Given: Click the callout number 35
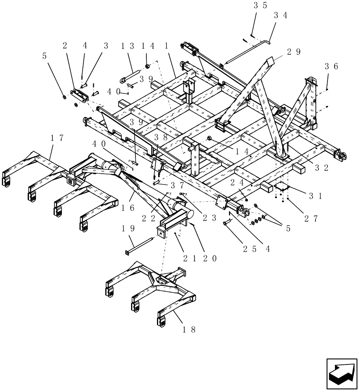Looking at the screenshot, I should click(260, 5).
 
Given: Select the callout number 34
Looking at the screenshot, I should click(281, 16).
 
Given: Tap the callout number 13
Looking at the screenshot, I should click(127, 46).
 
